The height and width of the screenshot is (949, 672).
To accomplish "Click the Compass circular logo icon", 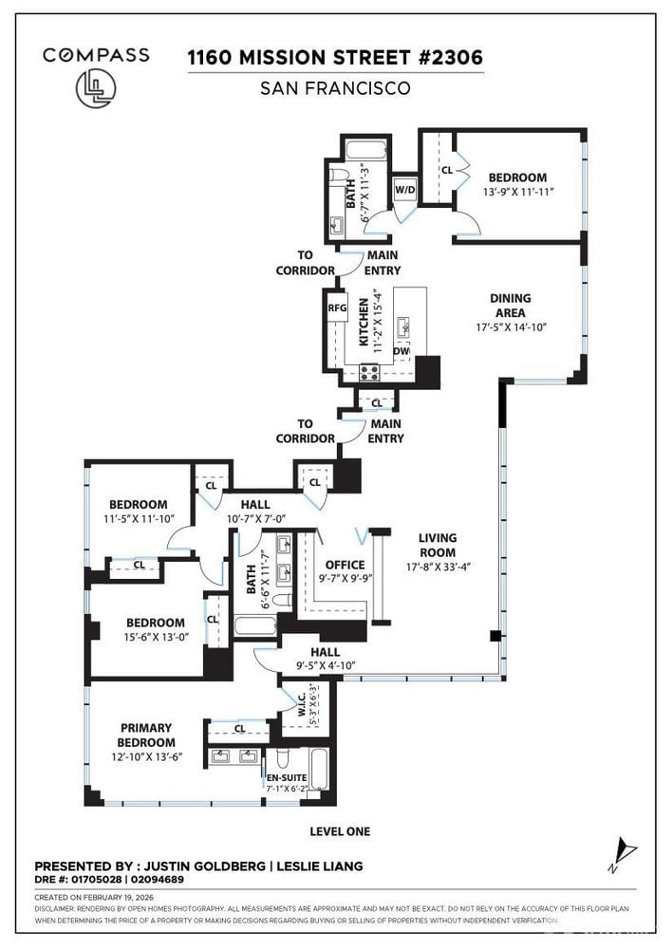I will (x=95, y=86).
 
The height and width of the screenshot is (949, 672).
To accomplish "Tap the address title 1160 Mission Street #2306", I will (x=335, y=57).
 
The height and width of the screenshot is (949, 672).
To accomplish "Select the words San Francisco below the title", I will (x=335, y=88).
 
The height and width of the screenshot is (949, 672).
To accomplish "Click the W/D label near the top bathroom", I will (x=405, y=188).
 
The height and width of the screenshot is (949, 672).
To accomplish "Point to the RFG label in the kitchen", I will (x=337, y=307).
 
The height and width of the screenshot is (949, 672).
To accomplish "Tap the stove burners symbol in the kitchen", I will (x=369, y=373).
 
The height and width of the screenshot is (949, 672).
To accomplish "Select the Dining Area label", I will (x=511, y=305).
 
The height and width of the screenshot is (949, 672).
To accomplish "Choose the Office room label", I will (x=345, y=566).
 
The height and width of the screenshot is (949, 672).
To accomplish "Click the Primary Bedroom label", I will (x=146, y=735).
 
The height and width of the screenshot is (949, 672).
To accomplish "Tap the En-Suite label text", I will (x=286, y=778).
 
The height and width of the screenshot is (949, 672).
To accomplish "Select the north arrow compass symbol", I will (x=620, y=851).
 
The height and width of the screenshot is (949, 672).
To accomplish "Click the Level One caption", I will (x=340, y=831).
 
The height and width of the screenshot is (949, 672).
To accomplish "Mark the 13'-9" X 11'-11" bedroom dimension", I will (x=517, y=192).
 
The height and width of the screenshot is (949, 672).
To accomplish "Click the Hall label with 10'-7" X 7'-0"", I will (x=254, y=511).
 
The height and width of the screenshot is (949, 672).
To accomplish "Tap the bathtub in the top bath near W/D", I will (x=364, y=149).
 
